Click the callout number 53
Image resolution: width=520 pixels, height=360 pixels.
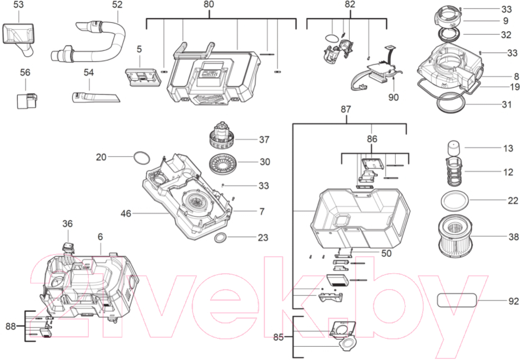point(19,5)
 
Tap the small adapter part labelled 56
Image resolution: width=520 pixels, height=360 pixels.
point(27,101)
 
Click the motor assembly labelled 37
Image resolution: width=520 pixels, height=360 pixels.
point(222,136)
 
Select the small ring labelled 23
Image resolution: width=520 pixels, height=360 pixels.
point(221,237)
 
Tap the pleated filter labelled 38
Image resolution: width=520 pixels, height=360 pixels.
point(453,237)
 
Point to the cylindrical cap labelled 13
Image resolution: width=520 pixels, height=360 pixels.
point(454,148)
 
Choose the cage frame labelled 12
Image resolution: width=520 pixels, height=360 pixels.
point(454,172)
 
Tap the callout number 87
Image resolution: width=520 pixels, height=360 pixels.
point(345,109)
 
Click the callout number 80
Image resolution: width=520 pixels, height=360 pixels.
point(208,4)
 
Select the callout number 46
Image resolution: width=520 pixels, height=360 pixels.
point(126,214)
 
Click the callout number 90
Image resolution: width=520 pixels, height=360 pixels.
point(394,97)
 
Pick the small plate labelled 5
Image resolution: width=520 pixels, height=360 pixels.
point(143,77)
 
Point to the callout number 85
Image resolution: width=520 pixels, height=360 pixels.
point(279,337)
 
